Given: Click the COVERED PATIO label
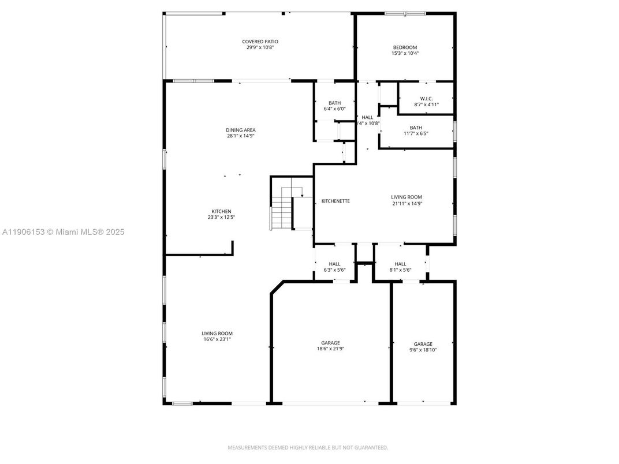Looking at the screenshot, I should (260, 42).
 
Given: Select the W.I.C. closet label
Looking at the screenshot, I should (427, 98).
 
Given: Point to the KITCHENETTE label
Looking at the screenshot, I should (335, 201).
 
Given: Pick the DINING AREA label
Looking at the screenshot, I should (241, 130).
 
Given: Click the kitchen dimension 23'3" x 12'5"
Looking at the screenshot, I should (221, 218).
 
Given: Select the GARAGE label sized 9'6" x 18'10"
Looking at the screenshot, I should (423, 344).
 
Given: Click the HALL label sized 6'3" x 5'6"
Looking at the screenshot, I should (335, 264).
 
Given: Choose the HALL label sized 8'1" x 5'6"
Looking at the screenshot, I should (400, 264).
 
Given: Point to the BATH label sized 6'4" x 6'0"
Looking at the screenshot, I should (335, 103).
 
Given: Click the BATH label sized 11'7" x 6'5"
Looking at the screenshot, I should (416, 128).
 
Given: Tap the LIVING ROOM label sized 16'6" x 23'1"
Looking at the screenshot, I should (217, 333).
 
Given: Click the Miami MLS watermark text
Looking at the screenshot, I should (64, 232).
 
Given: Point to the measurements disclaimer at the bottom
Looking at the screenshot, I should (308, 447).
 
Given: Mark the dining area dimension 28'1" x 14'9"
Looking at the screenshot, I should (241, 136).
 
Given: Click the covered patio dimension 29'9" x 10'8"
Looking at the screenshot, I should (260, 47).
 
